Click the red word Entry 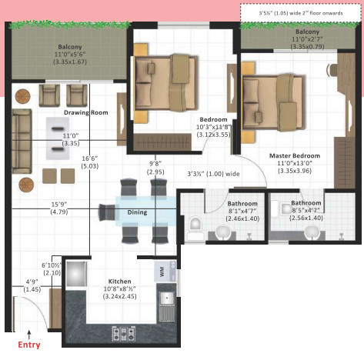pyautogui.click(x=28, y=345)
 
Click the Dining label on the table pyautogui.click(x=136, y=212)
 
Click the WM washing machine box pyautogui.click(x=162, y=271)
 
